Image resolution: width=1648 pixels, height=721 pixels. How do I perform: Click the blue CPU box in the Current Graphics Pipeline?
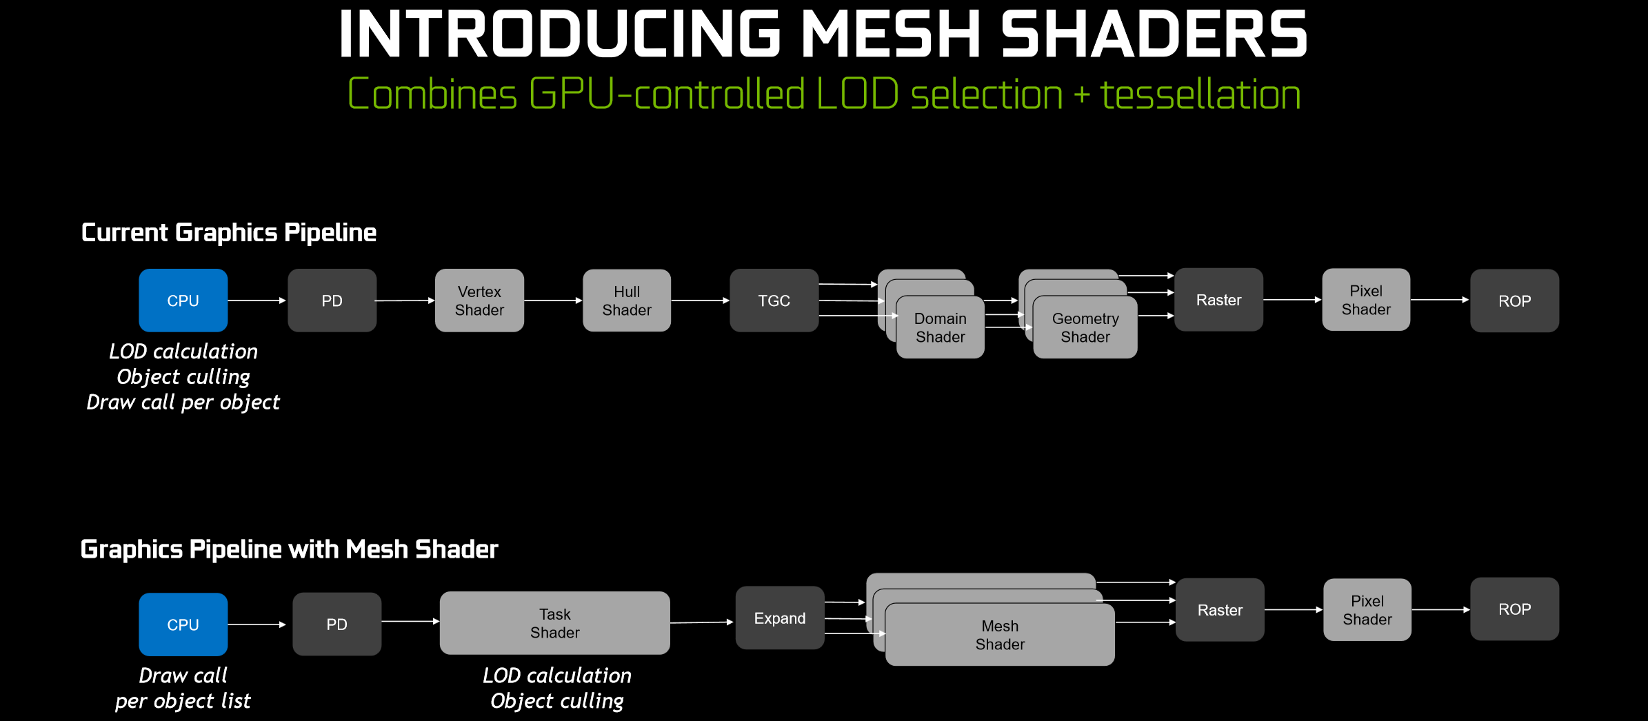[183, 301]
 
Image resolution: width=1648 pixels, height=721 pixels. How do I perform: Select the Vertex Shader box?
[479, 301]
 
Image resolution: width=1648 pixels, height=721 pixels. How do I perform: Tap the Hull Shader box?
[627, 301]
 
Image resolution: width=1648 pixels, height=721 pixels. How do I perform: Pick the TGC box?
[774, 301]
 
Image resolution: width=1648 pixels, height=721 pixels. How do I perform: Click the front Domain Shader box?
[941, 327]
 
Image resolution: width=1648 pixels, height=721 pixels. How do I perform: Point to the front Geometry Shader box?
[1085, 327]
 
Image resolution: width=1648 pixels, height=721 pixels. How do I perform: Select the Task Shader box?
[555, 623]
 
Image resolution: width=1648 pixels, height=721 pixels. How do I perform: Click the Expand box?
[780, 618]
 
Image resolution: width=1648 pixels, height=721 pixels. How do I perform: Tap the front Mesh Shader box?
[1000, 635]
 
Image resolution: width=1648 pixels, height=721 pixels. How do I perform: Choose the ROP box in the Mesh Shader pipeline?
[1515, 609]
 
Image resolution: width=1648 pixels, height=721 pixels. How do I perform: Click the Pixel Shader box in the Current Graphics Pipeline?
[1366, 300]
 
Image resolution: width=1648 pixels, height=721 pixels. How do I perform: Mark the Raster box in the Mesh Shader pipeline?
[1220, 610]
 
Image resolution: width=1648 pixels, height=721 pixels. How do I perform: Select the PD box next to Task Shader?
[337, 624]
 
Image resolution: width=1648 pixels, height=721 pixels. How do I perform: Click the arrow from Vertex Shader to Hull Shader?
[553, 301]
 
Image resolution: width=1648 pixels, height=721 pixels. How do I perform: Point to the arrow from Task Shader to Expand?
[702, 622]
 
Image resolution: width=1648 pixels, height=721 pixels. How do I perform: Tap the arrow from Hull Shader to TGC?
[701, 301]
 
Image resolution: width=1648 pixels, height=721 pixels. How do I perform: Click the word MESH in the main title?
[892, 34]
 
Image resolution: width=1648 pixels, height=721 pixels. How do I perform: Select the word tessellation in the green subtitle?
[1200, 94]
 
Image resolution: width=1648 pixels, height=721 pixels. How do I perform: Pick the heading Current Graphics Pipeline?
[229, 233]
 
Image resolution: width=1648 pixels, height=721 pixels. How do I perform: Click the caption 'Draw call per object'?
[183, 403]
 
